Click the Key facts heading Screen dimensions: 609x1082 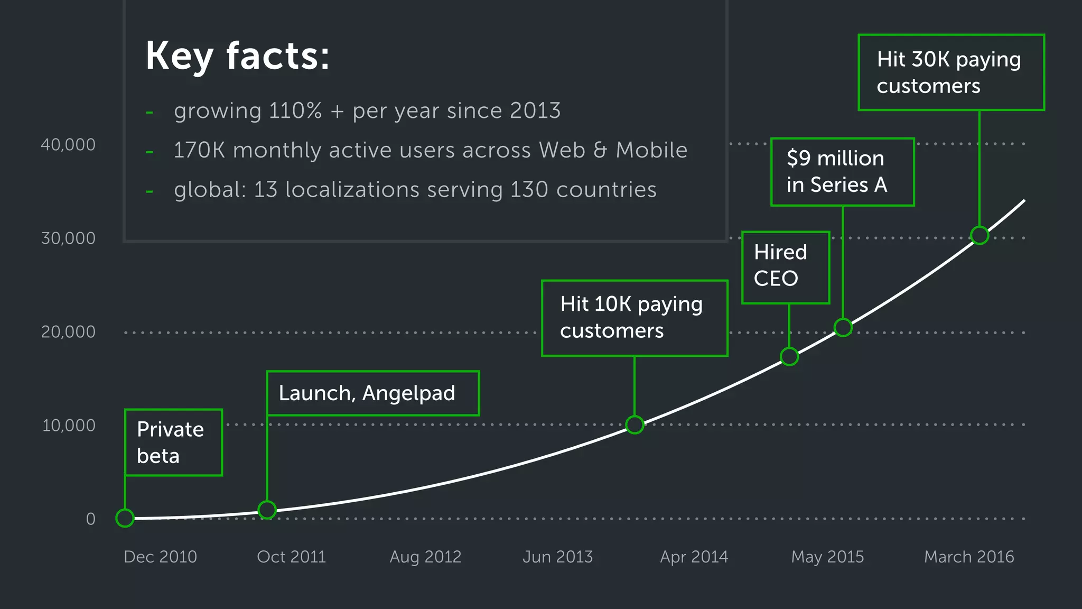coord(237,56)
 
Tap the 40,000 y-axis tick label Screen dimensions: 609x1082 coord(68,145)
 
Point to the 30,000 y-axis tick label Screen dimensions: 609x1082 coord(68,238)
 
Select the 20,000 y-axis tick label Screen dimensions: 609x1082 coord(68,332)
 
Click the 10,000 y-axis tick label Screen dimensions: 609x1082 coord(69,426)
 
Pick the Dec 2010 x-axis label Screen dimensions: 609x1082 coord(160,557)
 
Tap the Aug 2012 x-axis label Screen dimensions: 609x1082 coord(425,557)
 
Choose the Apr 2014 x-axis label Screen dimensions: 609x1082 coord(694,557)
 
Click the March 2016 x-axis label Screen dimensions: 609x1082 coord(969,557)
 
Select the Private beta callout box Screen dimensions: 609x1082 coord(173,442)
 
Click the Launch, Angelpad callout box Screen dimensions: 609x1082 coord(372,393)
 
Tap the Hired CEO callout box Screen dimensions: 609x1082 coord(786,267)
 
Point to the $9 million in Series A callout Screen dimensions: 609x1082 coord(842,172)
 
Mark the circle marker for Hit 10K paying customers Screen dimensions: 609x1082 coord(635,425)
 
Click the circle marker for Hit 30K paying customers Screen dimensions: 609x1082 coord(980,235)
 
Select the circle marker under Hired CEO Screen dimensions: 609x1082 coord(789,356)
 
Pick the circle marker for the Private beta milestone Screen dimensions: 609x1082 coord(125,518)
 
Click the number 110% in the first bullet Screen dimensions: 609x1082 coord(295,111)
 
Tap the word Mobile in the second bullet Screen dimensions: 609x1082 coord(651,151)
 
